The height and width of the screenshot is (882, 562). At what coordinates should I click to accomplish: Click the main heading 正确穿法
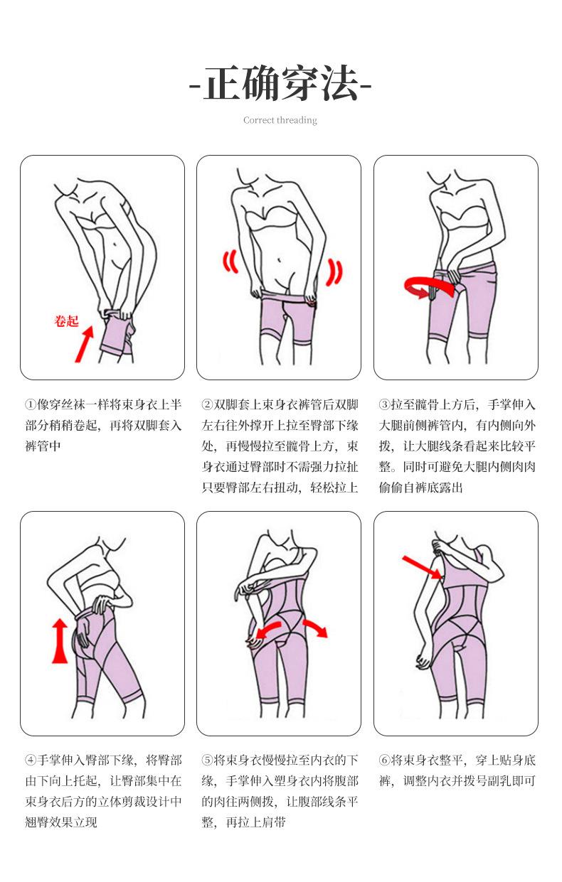point(280,83)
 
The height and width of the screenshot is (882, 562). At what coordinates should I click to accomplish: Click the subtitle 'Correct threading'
point(280,120)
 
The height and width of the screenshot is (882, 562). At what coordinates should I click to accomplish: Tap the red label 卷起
point(67,321)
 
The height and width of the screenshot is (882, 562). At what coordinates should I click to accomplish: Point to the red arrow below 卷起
point(85,344)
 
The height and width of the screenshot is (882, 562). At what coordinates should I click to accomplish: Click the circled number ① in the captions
point(31,404)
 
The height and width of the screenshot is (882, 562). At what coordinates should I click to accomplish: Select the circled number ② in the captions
point(207,404)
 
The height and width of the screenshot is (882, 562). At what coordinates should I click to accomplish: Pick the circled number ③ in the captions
point(385,404)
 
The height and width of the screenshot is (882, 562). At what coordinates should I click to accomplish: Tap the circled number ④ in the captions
point(31,760)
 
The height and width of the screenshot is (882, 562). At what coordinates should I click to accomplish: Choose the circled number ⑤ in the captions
point(207,760)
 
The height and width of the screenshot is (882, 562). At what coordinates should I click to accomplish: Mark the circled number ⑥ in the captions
point(385,760)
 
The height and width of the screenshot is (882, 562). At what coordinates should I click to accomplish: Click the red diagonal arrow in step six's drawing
point(422,567)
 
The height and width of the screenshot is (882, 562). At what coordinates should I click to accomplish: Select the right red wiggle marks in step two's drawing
point(334,271)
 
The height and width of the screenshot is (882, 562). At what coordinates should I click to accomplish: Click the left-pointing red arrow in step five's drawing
point(268,629)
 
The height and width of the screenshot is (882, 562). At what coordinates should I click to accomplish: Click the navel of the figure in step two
point(280,260)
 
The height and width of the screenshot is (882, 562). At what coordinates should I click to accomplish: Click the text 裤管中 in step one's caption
point(43,446)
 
